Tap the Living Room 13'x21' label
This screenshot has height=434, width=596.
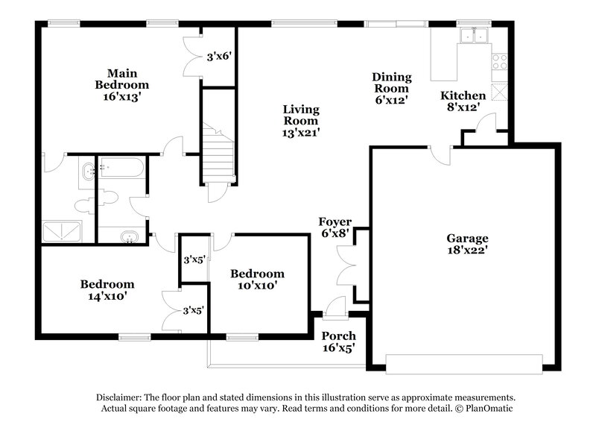[300, 121]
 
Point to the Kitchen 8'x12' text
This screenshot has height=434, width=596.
[463, 101]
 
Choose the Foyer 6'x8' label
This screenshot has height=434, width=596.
[335, 227]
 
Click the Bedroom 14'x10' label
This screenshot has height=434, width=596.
[107, 289]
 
